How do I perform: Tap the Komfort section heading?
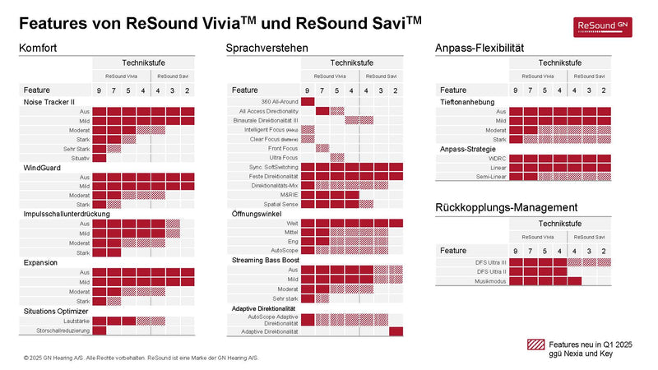[38, 49]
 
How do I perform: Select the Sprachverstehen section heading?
[266, 49]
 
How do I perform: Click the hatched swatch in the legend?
[534, 345]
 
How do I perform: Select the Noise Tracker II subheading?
[49, 102]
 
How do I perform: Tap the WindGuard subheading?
[39, 168]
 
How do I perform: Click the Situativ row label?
[81, 157]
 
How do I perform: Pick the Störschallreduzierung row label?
[61, 331]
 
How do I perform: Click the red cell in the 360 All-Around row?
[308, 101]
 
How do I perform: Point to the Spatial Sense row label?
[280, 204]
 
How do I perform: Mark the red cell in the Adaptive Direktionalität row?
[396, 331]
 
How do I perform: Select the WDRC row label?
[496, 158]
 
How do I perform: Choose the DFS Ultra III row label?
[490, 261]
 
